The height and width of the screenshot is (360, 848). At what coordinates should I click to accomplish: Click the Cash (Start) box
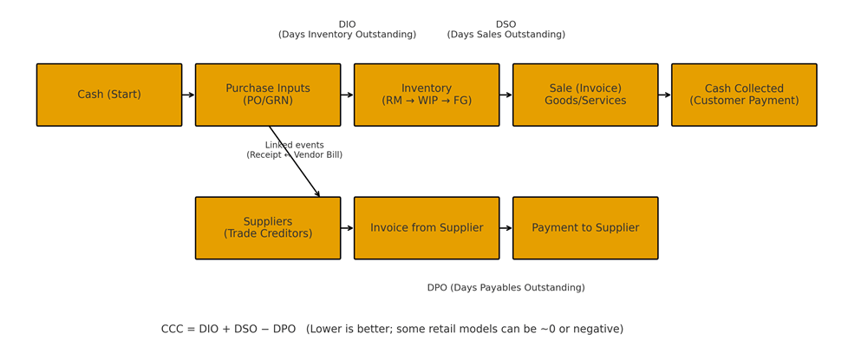coord(109,95)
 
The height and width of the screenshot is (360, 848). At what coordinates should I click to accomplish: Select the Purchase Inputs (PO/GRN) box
coord(268,95)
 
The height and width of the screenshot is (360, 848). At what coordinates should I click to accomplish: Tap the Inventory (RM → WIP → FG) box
coord(427,95)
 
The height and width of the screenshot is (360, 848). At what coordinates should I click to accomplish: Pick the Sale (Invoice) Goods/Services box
coord(585,95)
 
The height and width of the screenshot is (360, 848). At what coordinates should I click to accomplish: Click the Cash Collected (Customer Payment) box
coord(744,95)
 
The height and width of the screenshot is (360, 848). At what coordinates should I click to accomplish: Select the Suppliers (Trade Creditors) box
coord(268,228)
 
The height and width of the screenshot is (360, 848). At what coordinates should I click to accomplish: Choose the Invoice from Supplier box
coord(427,228)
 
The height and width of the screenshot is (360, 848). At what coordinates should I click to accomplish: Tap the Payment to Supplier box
coord(585,228)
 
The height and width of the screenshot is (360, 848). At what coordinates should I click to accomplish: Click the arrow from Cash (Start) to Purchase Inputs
coord(188,95)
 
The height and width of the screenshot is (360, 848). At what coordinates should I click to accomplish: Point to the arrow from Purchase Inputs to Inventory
coord(347,95)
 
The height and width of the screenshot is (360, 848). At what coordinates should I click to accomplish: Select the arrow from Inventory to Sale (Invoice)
coord(506,95)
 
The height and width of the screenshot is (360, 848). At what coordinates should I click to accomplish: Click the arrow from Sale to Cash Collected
coord(664,95)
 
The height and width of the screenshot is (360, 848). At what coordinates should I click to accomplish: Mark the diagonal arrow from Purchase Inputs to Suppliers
coord(299,169)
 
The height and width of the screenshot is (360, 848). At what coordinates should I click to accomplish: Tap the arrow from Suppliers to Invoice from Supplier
coord(347,228)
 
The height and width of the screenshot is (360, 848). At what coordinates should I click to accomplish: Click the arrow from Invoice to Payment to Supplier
coord(506,228)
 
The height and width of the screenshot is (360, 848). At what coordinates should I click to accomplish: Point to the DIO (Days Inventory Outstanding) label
coord(347,29)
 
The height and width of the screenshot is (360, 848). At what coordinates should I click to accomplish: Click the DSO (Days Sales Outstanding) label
coord(506,29)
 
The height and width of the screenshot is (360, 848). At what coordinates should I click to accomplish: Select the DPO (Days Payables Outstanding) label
coord(506,288)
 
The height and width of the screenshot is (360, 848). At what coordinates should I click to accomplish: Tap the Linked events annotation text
coord(294,150)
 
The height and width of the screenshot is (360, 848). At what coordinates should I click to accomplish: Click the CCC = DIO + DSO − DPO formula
coord(392,330)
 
